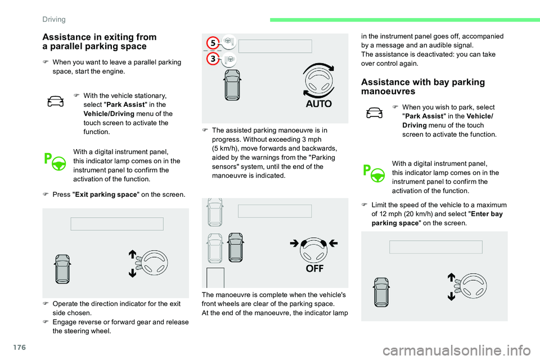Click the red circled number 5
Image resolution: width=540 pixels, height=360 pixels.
tap(212, 43)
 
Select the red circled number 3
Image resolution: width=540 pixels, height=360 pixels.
tap(212, 59)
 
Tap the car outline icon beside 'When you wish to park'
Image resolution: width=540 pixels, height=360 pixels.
tap(374, 113)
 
